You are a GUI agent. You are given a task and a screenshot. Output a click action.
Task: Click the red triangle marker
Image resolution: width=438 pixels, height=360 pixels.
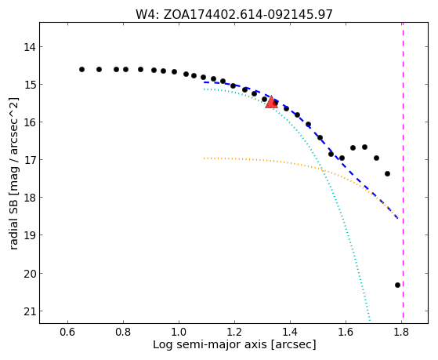point(271,102)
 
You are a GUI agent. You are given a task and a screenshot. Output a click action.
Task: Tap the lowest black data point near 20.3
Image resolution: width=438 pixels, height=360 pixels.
point(397,285)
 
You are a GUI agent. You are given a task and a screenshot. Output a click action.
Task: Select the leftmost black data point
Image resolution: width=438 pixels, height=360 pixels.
point(81,69)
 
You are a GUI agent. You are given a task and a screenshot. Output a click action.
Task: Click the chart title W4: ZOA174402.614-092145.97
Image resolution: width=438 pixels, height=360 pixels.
point(234,15)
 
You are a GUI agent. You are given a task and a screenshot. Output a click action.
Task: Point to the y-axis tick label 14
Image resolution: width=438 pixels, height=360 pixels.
point(30,47)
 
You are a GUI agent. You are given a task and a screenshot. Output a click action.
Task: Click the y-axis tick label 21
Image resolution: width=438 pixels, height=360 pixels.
point(30,311)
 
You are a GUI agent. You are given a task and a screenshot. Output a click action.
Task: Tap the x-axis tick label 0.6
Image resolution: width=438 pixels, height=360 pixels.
point(67,332)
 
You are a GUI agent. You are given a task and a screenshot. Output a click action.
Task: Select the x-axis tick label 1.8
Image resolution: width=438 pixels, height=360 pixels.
point(402,332)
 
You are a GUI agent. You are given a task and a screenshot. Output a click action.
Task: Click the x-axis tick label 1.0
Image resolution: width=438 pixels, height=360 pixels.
point(179,332)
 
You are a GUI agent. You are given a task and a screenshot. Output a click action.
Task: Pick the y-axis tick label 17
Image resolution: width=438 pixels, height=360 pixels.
point(30,160)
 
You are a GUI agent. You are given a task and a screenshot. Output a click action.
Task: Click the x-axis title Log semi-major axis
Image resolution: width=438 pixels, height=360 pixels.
point(210,345)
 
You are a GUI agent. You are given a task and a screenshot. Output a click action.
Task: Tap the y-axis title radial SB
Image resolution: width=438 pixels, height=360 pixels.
point(13,216)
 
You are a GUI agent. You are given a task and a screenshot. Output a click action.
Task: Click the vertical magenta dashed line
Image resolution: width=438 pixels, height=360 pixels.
point(403,170)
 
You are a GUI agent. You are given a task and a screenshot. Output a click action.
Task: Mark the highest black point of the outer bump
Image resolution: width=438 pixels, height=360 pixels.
point(364,147)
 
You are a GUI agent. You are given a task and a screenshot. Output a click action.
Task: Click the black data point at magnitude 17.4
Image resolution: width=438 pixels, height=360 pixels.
point(387,173)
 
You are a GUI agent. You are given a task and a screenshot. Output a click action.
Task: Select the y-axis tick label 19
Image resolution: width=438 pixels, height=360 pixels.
point(30,235)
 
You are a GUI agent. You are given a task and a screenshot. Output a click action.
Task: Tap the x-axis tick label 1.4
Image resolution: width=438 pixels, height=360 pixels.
point(290,332)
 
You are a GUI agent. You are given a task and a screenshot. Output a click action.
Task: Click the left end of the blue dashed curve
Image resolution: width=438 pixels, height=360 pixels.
point(205,82)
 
